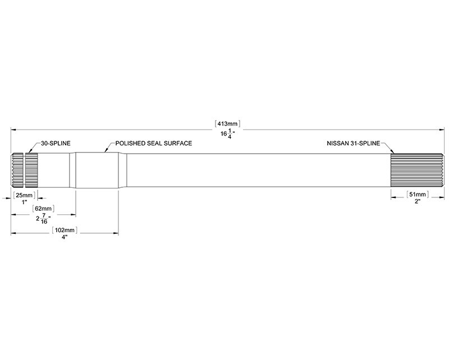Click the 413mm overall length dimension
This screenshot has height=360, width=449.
[227, 124]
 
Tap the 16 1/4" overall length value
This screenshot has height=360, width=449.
[228, 133]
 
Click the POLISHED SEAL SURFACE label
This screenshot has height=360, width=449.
[153, 143]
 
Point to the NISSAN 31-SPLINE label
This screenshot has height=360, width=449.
[354, 143]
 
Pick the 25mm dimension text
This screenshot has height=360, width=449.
[24, 196]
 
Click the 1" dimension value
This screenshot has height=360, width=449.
[24, 202]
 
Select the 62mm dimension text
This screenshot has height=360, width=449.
[44, 209]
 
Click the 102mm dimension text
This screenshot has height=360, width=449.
[65, 230]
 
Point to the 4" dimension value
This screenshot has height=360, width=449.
[65, 237]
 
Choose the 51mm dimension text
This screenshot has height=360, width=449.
[418, 195]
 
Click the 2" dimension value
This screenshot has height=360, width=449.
[418, 201]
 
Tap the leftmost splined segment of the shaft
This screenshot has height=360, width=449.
[17, 170]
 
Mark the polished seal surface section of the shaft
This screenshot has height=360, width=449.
[97, 170]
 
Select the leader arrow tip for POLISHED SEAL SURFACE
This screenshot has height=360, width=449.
[105, 151]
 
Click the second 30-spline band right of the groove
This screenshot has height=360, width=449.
[31, 170]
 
